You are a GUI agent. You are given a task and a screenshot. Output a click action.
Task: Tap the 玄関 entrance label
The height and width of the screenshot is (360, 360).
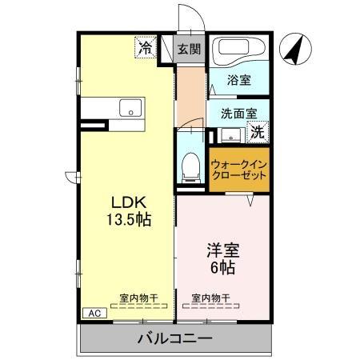pos(189,49)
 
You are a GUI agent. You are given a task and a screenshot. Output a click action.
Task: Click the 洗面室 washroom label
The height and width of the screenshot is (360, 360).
pos(234,114)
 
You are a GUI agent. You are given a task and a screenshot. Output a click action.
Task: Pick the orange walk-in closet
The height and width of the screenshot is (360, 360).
pos(238,169)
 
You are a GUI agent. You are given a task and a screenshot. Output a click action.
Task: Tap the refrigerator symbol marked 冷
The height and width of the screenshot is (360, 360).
pos(145,48)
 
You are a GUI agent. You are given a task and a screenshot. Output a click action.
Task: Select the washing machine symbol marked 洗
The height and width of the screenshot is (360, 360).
pos(258,132)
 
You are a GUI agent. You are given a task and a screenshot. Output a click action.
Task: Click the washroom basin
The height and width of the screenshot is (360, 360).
pos(230,133)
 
